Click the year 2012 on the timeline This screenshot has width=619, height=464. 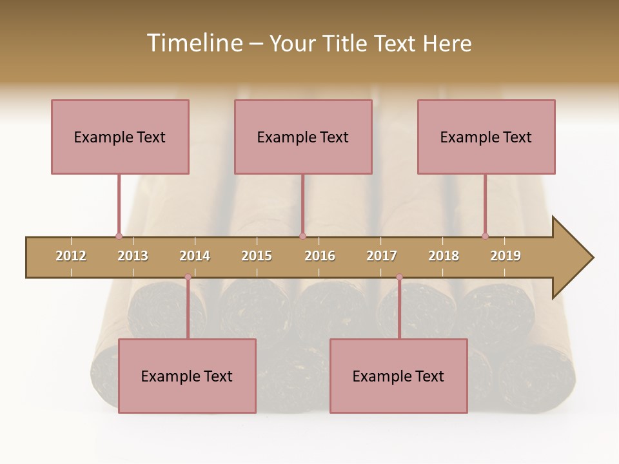pos(71,256)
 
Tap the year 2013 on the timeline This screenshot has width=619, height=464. pos(133,256)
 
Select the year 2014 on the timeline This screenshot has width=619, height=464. pos(195,256)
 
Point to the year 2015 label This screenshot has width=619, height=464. pos(257,256)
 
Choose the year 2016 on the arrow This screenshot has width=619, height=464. pos(320,256)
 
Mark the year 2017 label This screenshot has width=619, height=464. pos(382,256)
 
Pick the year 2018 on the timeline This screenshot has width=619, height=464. pos(444,256)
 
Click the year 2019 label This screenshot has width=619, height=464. pos(506,256)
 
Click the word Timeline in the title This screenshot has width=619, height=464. pos(193,43)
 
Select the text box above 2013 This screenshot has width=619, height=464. pos(120,137)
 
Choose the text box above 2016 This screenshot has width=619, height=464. pos(303,137)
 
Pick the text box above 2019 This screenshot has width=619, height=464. pos(486,137)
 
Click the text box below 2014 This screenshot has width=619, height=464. pos(187,376)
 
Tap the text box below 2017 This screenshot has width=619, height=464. pos(398,376)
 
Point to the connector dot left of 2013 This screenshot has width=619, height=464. pos(119,236)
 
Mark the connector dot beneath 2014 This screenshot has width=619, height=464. pos(188,277)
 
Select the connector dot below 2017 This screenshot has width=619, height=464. pos(399,277)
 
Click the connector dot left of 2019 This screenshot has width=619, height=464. pos(485,236)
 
